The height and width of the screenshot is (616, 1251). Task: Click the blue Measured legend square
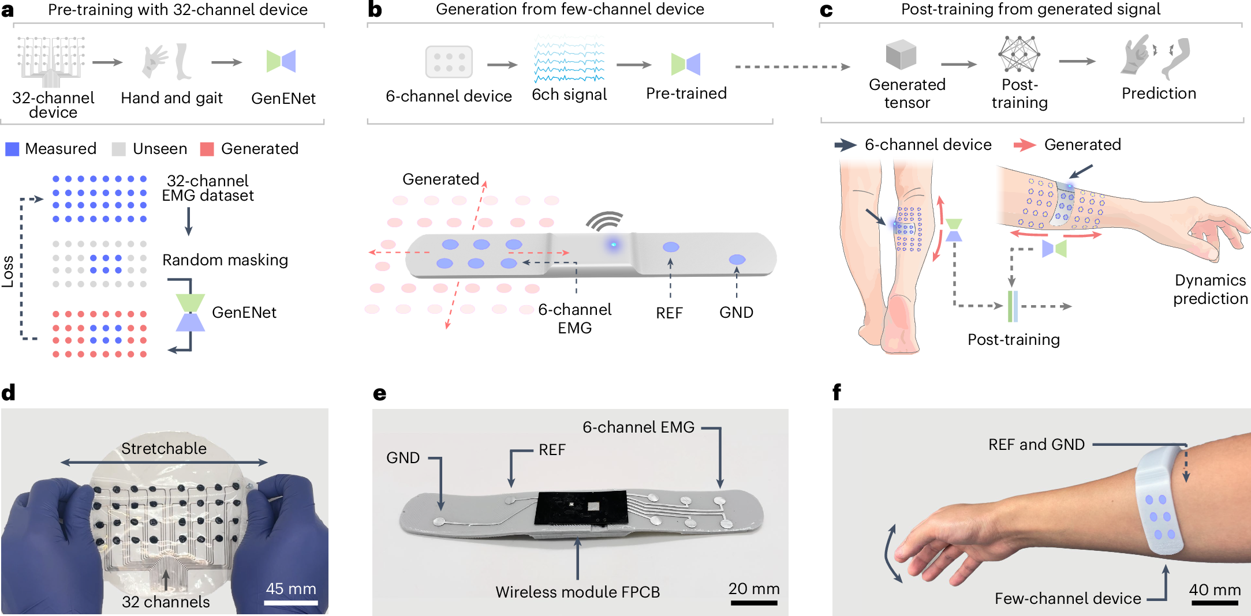pyautogui.click(x=12, y=149)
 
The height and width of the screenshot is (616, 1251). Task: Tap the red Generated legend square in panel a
pyautogui.click(x=207, y=149)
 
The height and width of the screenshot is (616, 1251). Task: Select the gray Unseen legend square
pyautogui.click(x=118, y=149)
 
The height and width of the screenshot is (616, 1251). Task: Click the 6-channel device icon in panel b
pyautogui.click(x=449, y=62)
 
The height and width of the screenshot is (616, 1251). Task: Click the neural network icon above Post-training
pyautogui.click(x=1019, y=55)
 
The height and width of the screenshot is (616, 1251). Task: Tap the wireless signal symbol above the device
pyautogui.click(x=604, y=221)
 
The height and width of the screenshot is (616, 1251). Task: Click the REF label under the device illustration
pyautogui.click(x=669, y=313)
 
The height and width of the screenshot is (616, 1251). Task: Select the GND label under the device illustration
pyautogui.click(x=736, y=313)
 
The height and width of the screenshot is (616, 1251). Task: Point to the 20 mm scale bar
pyautogui.click(x=754, y=603)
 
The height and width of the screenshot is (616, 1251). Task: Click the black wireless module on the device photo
pyautogui.click(x=581, y=508)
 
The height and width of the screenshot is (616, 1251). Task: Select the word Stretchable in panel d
pyautogui.click(x=164, y=449)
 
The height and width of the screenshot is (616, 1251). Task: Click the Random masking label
pyautogui.click(x=225, y=260)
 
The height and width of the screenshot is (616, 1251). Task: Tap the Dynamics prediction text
pyautogui.click(x=1210, y=290)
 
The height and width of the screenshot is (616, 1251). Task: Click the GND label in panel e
pyautogui.click(x=403, y=458)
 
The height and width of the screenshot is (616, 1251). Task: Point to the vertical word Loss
pyautogui.click(x=8, y=271)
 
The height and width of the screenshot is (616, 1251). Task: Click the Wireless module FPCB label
pyautogui.click(x=577, y=592)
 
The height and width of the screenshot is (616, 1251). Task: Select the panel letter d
pyautogui.click(x=9, y=393)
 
